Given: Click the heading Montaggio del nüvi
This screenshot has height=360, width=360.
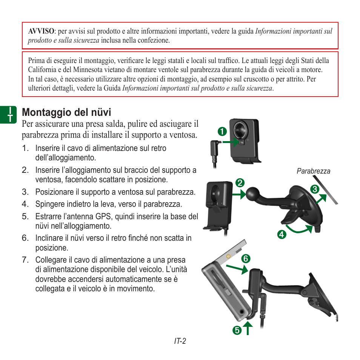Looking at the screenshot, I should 66,112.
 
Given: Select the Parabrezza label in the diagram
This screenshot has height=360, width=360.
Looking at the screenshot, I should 313,171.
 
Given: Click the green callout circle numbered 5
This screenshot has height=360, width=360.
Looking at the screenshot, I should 237,330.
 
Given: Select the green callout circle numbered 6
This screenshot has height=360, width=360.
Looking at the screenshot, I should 246,259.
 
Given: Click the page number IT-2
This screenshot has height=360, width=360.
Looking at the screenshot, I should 180,342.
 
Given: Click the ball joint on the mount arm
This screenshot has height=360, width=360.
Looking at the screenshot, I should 252,194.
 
